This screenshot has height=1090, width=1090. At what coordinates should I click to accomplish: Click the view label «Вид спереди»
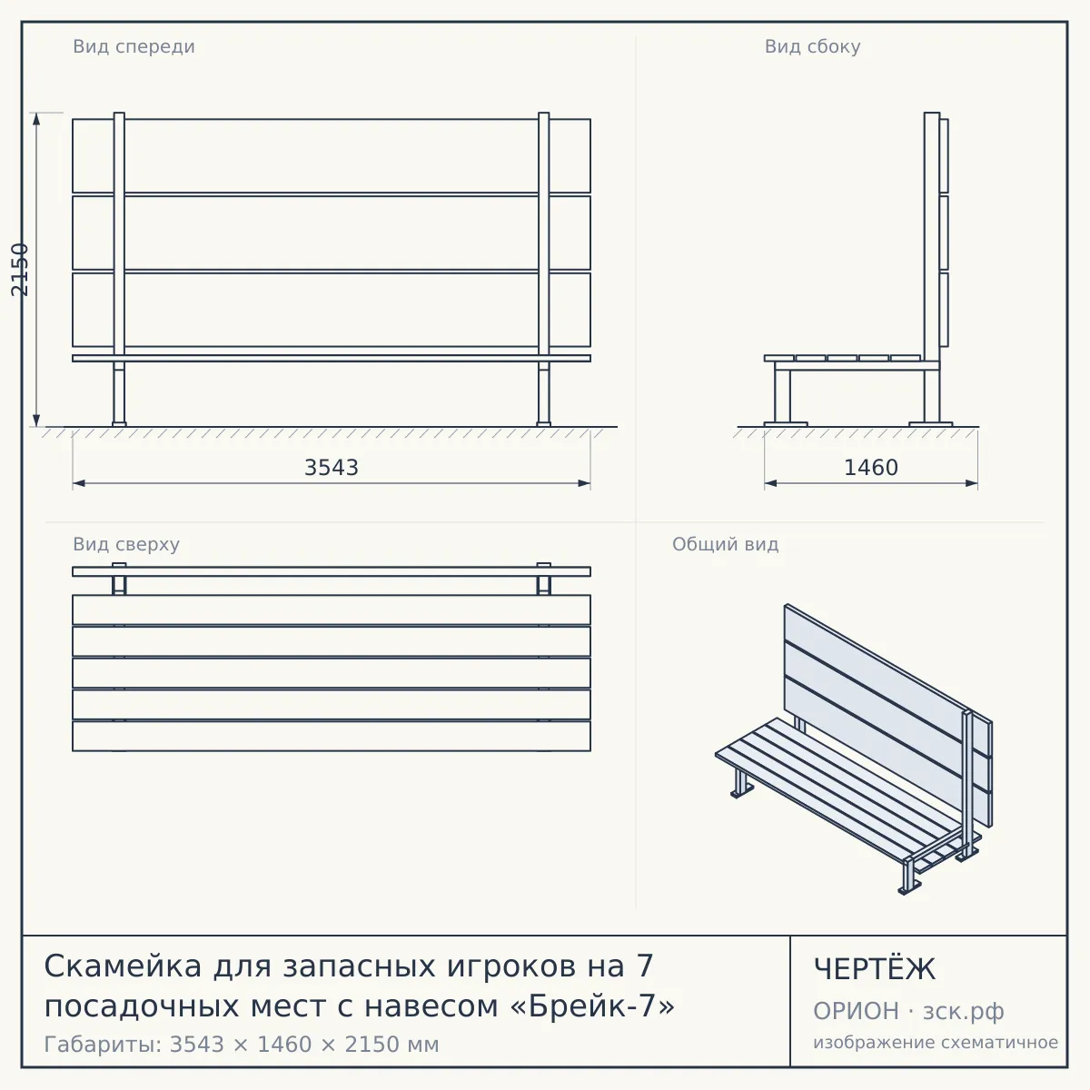[x=134, y=46]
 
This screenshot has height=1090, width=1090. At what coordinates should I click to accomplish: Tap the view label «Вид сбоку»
[x=812, y=46]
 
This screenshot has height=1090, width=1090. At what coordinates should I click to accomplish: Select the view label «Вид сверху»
[x=126, y=544]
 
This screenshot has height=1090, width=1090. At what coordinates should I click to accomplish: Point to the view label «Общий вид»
[x=725, y=544]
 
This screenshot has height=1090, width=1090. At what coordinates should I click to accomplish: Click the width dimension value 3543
[x=332, y=468]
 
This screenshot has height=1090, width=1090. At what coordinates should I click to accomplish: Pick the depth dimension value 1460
[x=871, y=468]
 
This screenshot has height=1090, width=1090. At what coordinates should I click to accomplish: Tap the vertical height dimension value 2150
[x=20, y=269]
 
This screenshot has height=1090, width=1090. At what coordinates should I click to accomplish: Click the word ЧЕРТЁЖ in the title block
[x=875, y=969]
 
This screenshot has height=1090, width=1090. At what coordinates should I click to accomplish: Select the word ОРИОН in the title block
[x=856, y=1011]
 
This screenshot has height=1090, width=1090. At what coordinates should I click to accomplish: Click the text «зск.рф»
[x=964, y=1012]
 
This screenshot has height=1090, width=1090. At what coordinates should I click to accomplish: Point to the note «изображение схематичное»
[x=936, y=1043]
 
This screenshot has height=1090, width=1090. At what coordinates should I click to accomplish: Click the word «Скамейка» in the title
[x=123, y=966]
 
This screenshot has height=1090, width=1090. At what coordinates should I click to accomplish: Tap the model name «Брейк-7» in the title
[x=593, y=1006]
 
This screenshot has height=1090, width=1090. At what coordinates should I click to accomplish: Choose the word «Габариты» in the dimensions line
[x=104, y=1045]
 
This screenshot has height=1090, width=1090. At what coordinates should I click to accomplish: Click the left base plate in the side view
[x=786, y=424]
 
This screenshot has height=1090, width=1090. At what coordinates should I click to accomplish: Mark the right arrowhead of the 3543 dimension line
[x=584, y=483]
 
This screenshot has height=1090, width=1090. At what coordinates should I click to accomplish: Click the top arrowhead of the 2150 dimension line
[x=36, y=119]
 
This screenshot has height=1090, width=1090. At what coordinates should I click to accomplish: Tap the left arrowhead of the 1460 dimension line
[x=770, y=483]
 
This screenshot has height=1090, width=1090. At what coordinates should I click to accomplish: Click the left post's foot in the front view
[x=119, y=423]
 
